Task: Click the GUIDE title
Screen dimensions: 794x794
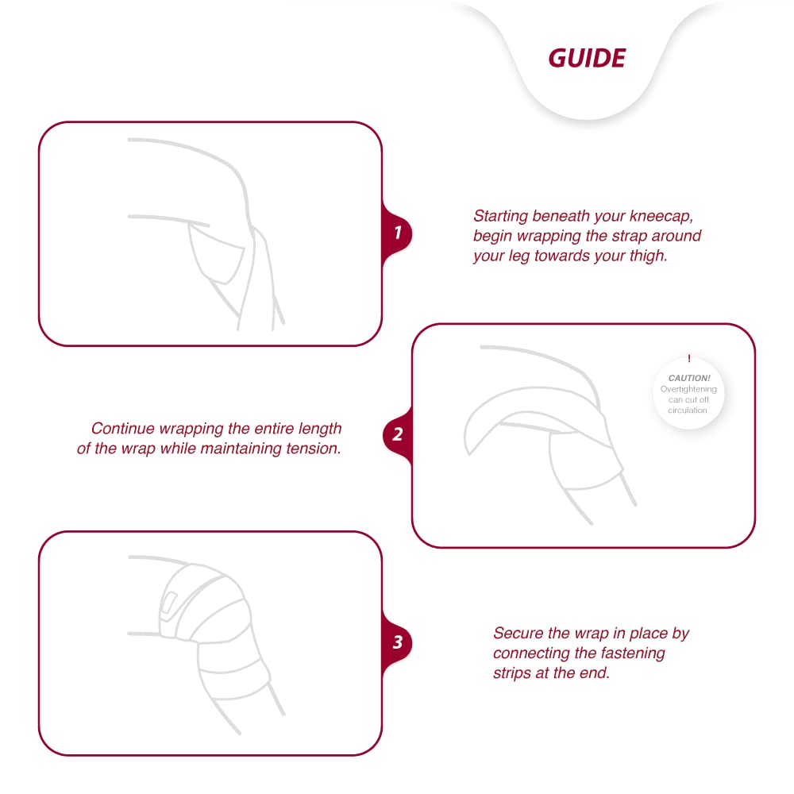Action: point(587,58)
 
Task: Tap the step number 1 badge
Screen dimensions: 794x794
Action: point(397,233)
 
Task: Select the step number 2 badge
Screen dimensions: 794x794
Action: point(398,434)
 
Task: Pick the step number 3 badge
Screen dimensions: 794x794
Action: point(397,642)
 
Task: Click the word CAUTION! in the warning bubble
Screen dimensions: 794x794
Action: point(689,378)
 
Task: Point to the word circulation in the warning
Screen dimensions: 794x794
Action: point(687,410)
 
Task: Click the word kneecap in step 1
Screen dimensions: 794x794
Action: point(661,216)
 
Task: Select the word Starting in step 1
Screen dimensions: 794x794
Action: point(501,216)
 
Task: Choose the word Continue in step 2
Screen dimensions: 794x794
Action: point(122,429)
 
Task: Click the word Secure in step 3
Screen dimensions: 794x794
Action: point(518,633)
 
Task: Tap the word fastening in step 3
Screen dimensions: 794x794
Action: point(633,653)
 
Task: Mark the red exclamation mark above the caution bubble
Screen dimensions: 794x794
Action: point(689,358)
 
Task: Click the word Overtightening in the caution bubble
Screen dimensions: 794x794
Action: point(688,389)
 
